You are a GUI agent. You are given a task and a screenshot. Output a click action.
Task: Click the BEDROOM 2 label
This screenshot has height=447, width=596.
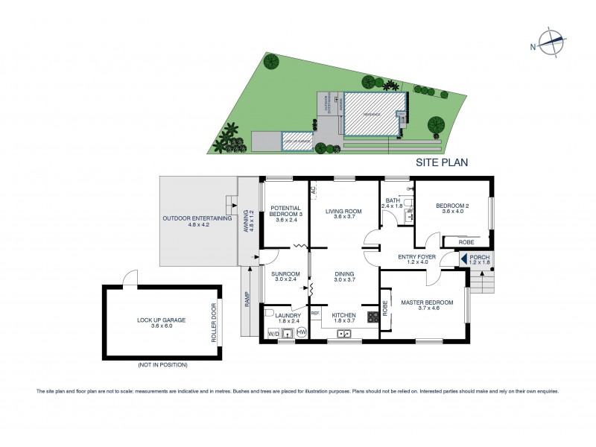[451, 209]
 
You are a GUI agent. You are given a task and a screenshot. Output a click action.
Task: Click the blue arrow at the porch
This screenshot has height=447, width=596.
[463, 260]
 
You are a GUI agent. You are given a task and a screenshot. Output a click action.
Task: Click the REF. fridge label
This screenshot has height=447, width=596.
[315, 313]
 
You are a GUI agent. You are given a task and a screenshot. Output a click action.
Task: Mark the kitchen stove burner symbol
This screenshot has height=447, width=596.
[372, 316]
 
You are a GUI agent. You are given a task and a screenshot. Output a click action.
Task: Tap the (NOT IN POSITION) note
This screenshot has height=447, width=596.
[162, 365]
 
